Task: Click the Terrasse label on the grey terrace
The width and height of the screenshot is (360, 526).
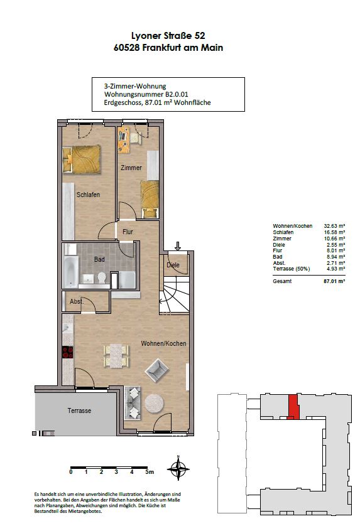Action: pyautogui.click(x=79, y=411)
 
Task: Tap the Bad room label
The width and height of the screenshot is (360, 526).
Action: pyautogui.click(x=99, y=259)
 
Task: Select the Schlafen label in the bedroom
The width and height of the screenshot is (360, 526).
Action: pyautogui.click(x=88, y=195)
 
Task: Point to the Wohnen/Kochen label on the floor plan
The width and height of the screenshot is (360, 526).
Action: pyautogui.click(x=163, y=343)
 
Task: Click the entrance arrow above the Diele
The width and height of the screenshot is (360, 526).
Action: pyautogui.click(x=178, y=246)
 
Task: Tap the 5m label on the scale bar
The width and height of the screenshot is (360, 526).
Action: pyautogui.click(x=150, y=471)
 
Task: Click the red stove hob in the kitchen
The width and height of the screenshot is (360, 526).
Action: pyautogui.click(x=67, y=352)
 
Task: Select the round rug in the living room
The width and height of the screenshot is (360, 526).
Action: pyautogui.click(x=154, y=403)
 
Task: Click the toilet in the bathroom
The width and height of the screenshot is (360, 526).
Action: pyautogui.click(x=102, y=278)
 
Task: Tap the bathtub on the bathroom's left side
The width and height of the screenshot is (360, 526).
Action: pyautogui.click(x=71, y=272)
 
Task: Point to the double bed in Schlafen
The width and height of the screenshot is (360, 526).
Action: pyautogui.click(x=82, y=159)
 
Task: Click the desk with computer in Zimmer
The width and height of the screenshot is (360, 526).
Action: pyautogui.click(x=124, y=140)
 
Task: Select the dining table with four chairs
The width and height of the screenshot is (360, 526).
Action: pyautogui.click(x=116, y=356)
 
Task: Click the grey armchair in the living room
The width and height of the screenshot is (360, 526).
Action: pyautogui.click(x=156, y=370)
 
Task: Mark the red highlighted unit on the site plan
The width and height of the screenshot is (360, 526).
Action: pyautogui.click(x=293, y=407)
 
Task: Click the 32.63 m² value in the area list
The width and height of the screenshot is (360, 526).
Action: pyautogui.click(x=334, y=226)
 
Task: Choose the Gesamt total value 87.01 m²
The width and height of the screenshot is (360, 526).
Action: pyautogui.click(x=334, y=281)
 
